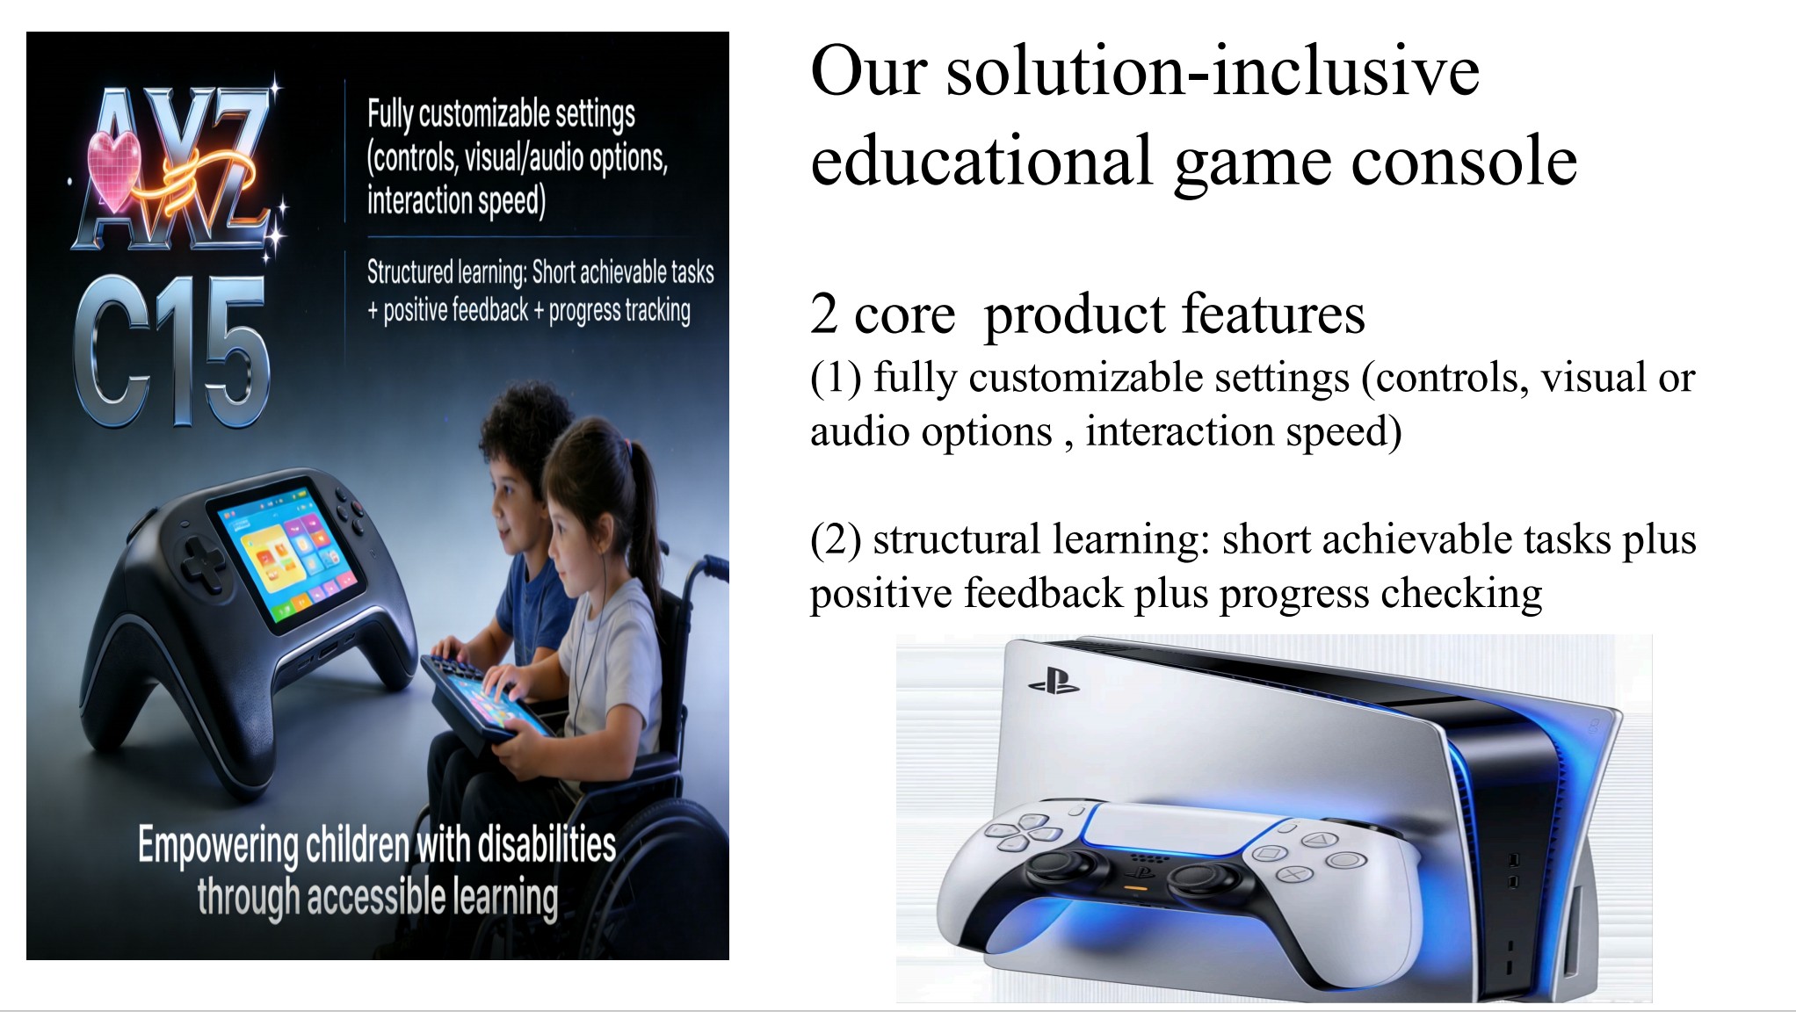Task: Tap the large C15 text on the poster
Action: (x=171, y=351)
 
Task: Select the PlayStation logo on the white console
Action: (x=1054, y=682)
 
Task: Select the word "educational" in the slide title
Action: (x=981, y=162)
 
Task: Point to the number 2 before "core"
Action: (x=823, y=314)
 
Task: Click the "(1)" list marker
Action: (x=836, y=378)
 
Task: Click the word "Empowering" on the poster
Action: (x=218, y=846)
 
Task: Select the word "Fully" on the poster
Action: (x=390, y=115)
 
